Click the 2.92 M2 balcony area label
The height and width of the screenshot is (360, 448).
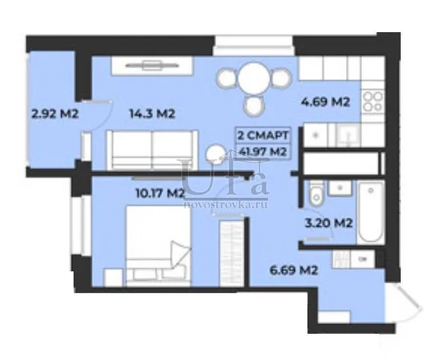coord(55,114)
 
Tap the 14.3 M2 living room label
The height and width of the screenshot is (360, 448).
coord(152,114)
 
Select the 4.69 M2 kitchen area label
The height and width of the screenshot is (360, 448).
coord(326,102)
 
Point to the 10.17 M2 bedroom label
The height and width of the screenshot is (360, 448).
coord(161,193)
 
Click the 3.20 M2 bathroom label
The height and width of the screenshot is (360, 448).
coord(329,223)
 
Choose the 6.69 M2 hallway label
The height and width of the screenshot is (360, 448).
coord(293,270)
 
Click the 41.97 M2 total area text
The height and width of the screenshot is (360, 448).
coord(263,152)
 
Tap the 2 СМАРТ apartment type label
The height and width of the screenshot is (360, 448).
coord(263,135)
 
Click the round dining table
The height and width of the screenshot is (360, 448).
coord(253,78)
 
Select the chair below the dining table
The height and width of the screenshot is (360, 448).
coord(254,105)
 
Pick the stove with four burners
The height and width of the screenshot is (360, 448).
coord(373,101)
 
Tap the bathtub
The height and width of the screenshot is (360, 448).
coord(370,212)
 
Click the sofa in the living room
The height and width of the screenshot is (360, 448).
coord(152,149)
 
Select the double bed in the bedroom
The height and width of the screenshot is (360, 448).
coord(158,246)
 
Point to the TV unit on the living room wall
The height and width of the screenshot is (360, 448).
coord(152,66)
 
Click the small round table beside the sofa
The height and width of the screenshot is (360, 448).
coord(216,155)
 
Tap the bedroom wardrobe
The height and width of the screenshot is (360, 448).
coord(231,252)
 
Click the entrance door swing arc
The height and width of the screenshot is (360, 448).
coord(411,297)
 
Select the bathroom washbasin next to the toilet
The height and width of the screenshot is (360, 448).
coord(340,188)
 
